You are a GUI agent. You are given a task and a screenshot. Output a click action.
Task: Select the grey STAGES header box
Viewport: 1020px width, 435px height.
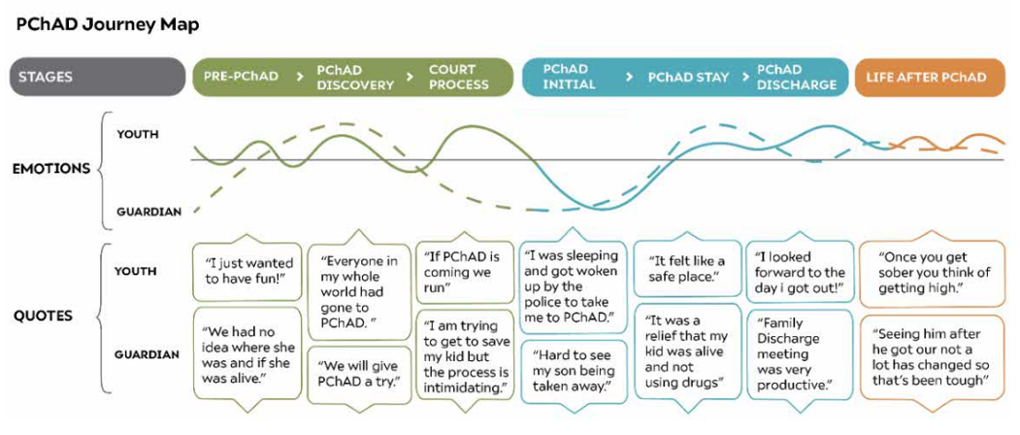pos(97,78)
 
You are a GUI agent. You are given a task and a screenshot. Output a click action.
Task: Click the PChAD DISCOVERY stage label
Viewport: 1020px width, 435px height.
pos(355,78)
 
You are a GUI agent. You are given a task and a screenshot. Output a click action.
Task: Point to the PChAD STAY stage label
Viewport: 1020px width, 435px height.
pos(688,78)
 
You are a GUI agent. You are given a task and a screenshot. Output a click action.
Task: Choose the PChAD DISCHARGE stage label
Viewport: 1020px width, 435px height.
pos(796,78)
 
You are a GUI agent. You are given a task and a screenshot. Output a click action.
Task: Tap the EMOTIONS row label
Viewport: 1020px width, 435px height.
pos(51,169)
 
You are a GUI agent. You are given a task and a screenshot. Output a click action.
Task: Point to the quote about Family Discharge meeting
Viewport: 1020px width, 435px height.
pos(797,353)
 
